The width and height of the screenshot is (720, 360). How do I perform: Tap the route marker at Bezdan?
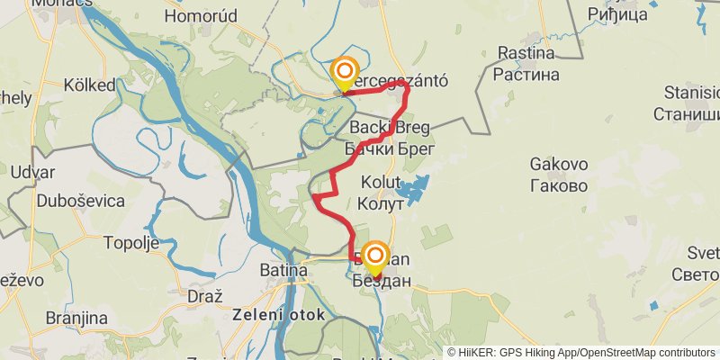[x=374, y=257]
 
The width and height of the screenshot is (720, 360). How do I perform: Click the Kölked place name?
[x=90, y=85]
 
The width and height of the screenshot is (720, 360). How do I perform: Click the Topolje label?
[x=131, y=244]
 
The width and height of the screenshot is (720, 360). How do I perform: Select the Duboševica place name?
[x=81, y=201]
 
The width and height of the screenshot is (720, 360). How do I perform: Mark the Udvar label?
[x=32, y=172]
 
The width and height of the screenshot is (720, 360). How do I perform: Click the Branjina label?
[x=78, y=319]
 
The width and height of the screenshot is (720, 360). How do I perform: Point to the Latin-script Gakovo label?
[x=559, y=165]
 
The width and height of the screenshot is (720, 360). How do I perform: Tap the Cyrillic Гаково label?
[x=559, y=186]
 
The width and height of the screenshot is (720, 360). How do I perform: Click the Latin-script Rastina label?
[x=527, y=52]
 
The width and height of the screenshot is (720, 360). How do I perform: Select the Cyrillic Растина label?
[x=527, y=74]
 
